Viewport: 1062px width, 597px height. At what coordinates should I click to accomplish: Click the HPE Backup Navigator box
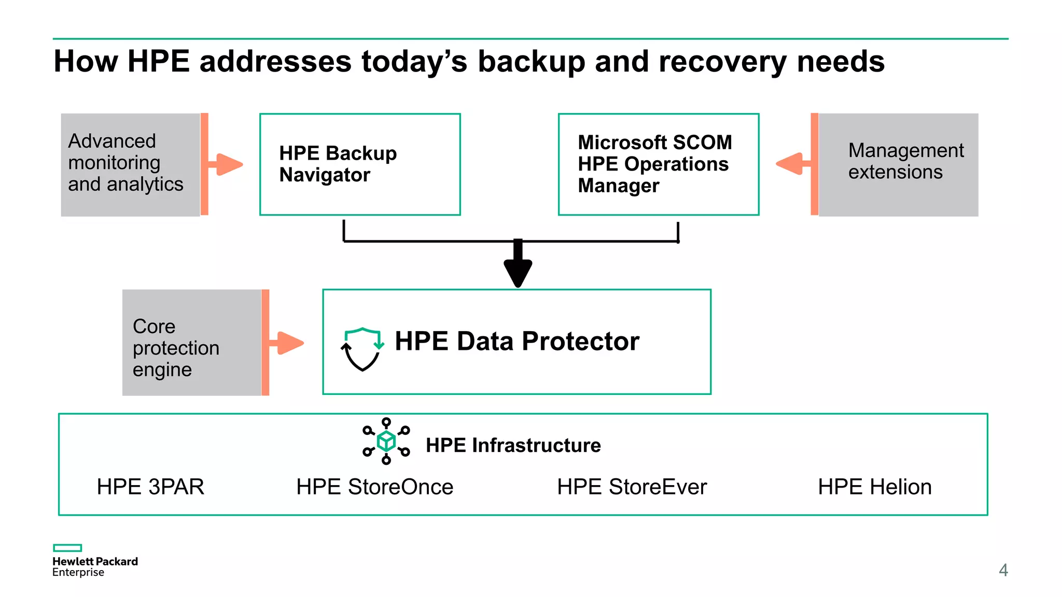360,164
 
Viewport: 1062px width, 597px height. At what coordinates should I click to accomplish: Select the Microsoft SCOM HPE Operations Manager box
658,164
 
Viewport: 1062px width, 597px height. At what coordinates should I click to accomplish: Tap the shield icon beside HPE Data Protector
362,349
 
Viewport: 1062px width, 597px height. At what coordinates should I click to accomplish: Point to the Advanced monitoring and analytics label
125,163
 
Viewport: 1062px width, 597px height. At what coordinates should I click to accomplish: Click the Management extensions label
905,161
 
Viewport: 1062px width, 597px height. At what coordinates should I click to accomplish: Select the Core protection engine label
176,348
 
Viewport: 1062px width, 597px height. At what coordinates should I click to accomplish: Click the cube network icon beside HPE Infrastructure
386,441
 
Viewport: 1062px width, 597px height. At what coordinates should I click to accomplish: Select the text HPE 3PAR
150,487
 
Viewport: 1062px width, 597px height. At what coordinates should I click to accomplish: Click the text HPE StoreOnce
374,487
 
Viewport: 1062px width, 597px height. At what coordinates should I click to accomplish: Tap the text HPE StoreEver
632,487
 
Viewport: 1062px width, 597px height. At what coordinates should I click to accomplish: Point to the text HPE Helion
874,487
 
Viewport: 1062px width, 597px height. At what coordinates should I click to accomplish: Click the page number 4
1003,570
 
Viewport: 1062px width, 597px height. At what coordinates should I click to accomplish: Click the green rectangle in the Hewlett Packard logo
67,548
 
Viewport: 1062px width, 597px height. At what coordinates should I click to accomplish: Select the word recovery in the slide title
722,62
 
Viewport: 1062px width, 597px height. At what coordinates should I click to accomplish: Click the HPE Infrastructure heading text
513,445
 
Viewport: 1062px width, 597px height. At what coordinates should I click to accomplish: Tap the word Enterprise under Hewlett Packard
78,573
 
